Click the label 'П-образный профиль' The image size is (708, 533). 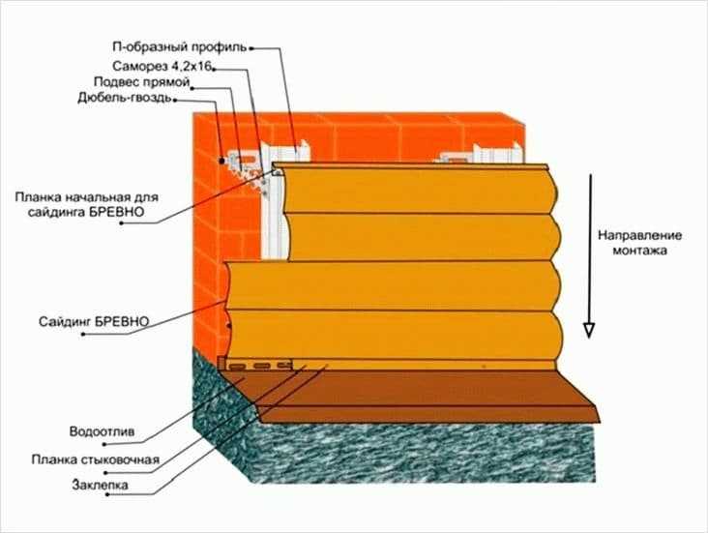[x=179, y=47]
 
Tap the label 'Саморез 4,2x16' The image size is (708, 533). [x=162, y=66]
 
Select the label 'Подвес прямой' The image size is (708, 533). [x=141, y=82]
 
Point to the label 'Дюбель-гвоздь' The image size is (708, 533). [x=125, y=98]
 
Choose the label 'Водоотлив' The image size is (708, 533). [x=102, y=431]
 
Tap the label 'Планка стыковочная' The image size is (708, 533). [x=96, y=459]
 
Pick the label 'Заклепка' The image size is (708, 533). [x=100, y=486]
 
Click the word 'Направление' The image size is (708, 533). [x=640, y=236]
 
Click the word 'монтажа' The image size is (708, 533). [x=639, y=251]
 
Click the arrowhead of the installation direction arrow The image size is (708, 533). [x=589, y=330]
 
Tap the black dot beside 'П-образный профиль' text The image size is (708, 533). [x=251, y=47]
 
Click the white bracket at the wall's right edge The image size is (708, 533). [x=480, y=155]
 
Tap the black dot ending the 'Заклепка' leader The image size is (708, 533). [x=108, y=494]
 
